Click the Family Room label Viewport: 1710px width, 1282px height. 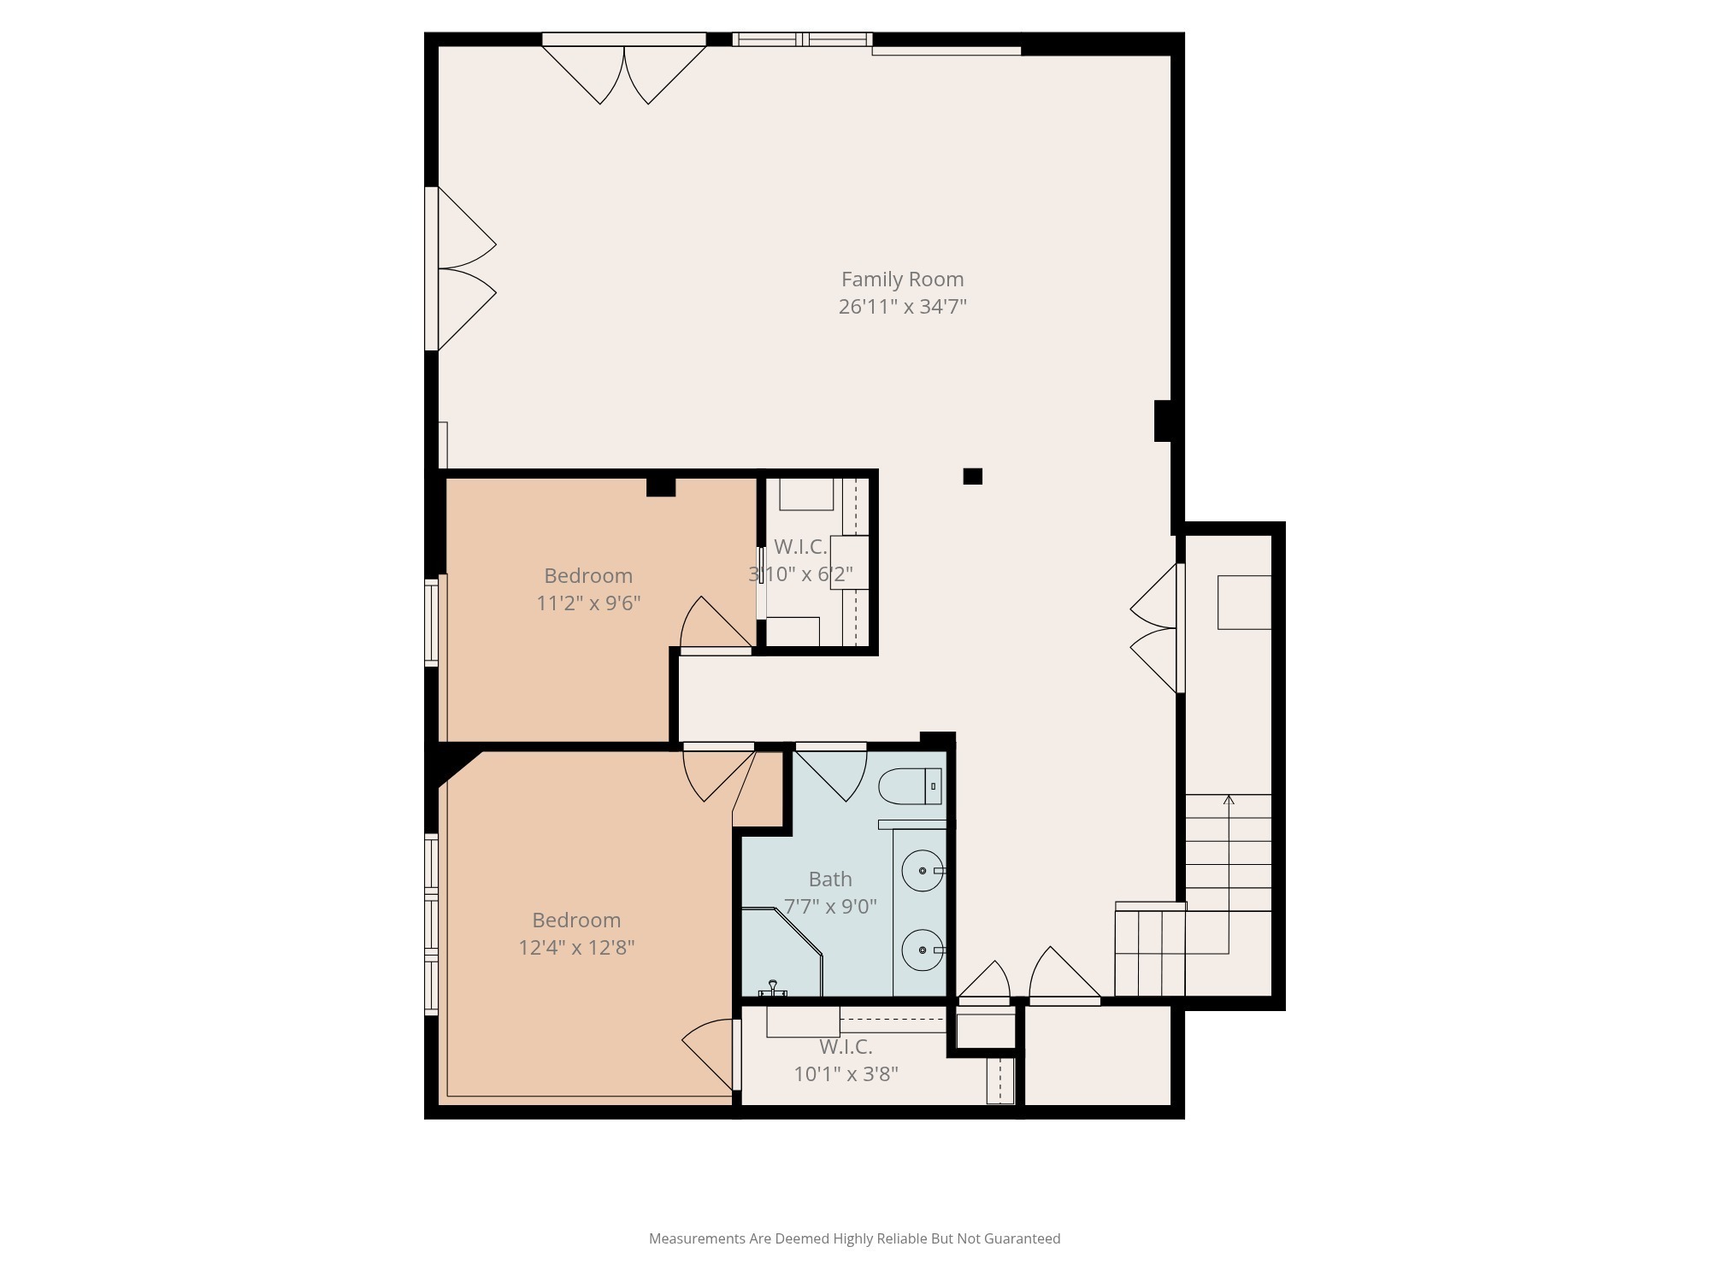(902, 279)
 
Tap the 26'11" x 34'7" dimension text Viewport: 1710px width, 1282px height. (902, 307)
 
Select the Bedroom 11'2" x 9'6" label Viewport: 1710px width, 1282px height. (588, 576)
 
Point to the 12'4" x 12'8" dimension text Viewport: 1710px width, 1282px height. (576, 948)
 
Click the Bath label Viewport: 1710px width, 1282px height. (830, 879)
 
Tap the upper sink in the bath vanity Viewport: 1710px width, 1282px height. (923, 871)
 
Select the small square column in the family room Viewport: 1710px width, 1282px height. (972, 476)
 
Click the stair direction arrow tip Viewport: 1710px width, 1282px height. (1229, 800)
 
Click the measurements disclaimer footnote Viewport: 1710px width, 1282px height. (854, 1238)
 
